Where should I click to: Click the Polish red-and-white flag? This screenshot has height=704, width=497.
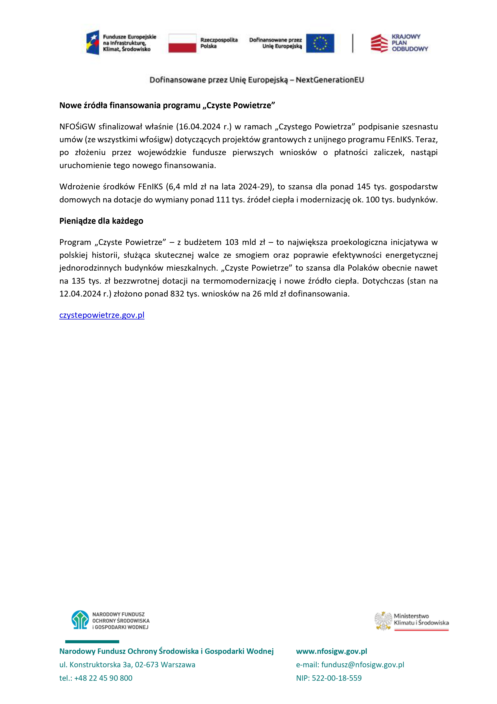182,43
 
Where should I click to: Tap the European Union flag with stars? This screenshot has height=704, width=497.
320,43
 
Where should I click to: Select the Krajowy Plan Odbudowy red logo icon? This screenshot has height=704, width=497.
379,43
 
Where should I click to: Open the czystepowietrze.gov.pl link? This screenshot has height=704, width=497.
102,315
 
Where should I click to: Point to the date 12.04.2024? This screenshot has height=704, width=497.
80,294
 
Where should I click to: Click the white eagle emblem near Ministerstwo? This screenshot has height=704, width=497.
383,621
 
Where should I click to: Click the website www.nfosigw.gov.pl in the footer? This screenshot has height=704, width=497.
331,651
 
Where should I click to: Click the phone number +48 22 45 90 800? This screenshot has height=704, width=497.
103,678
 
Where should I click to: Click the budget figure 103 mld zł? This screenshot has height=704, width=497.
245,242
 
